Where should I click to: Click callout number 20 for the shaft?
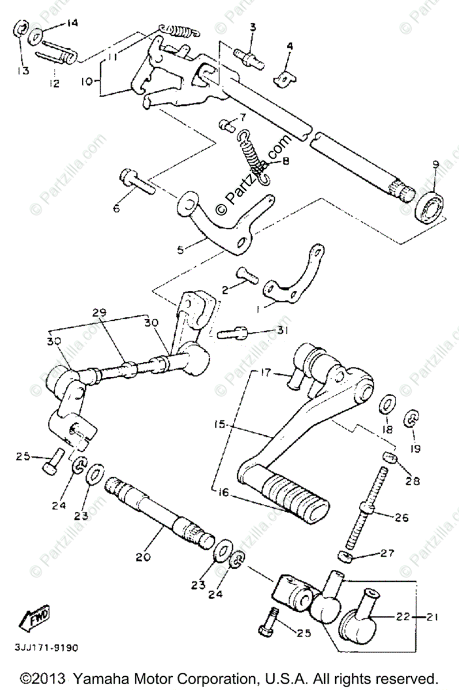143,557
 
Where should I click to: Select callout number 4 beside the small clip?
289,45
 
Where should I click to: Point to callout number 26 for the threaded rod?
401,517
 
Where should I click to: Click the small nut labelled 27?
343,557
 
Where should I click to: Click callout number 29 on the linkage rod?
100,313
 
